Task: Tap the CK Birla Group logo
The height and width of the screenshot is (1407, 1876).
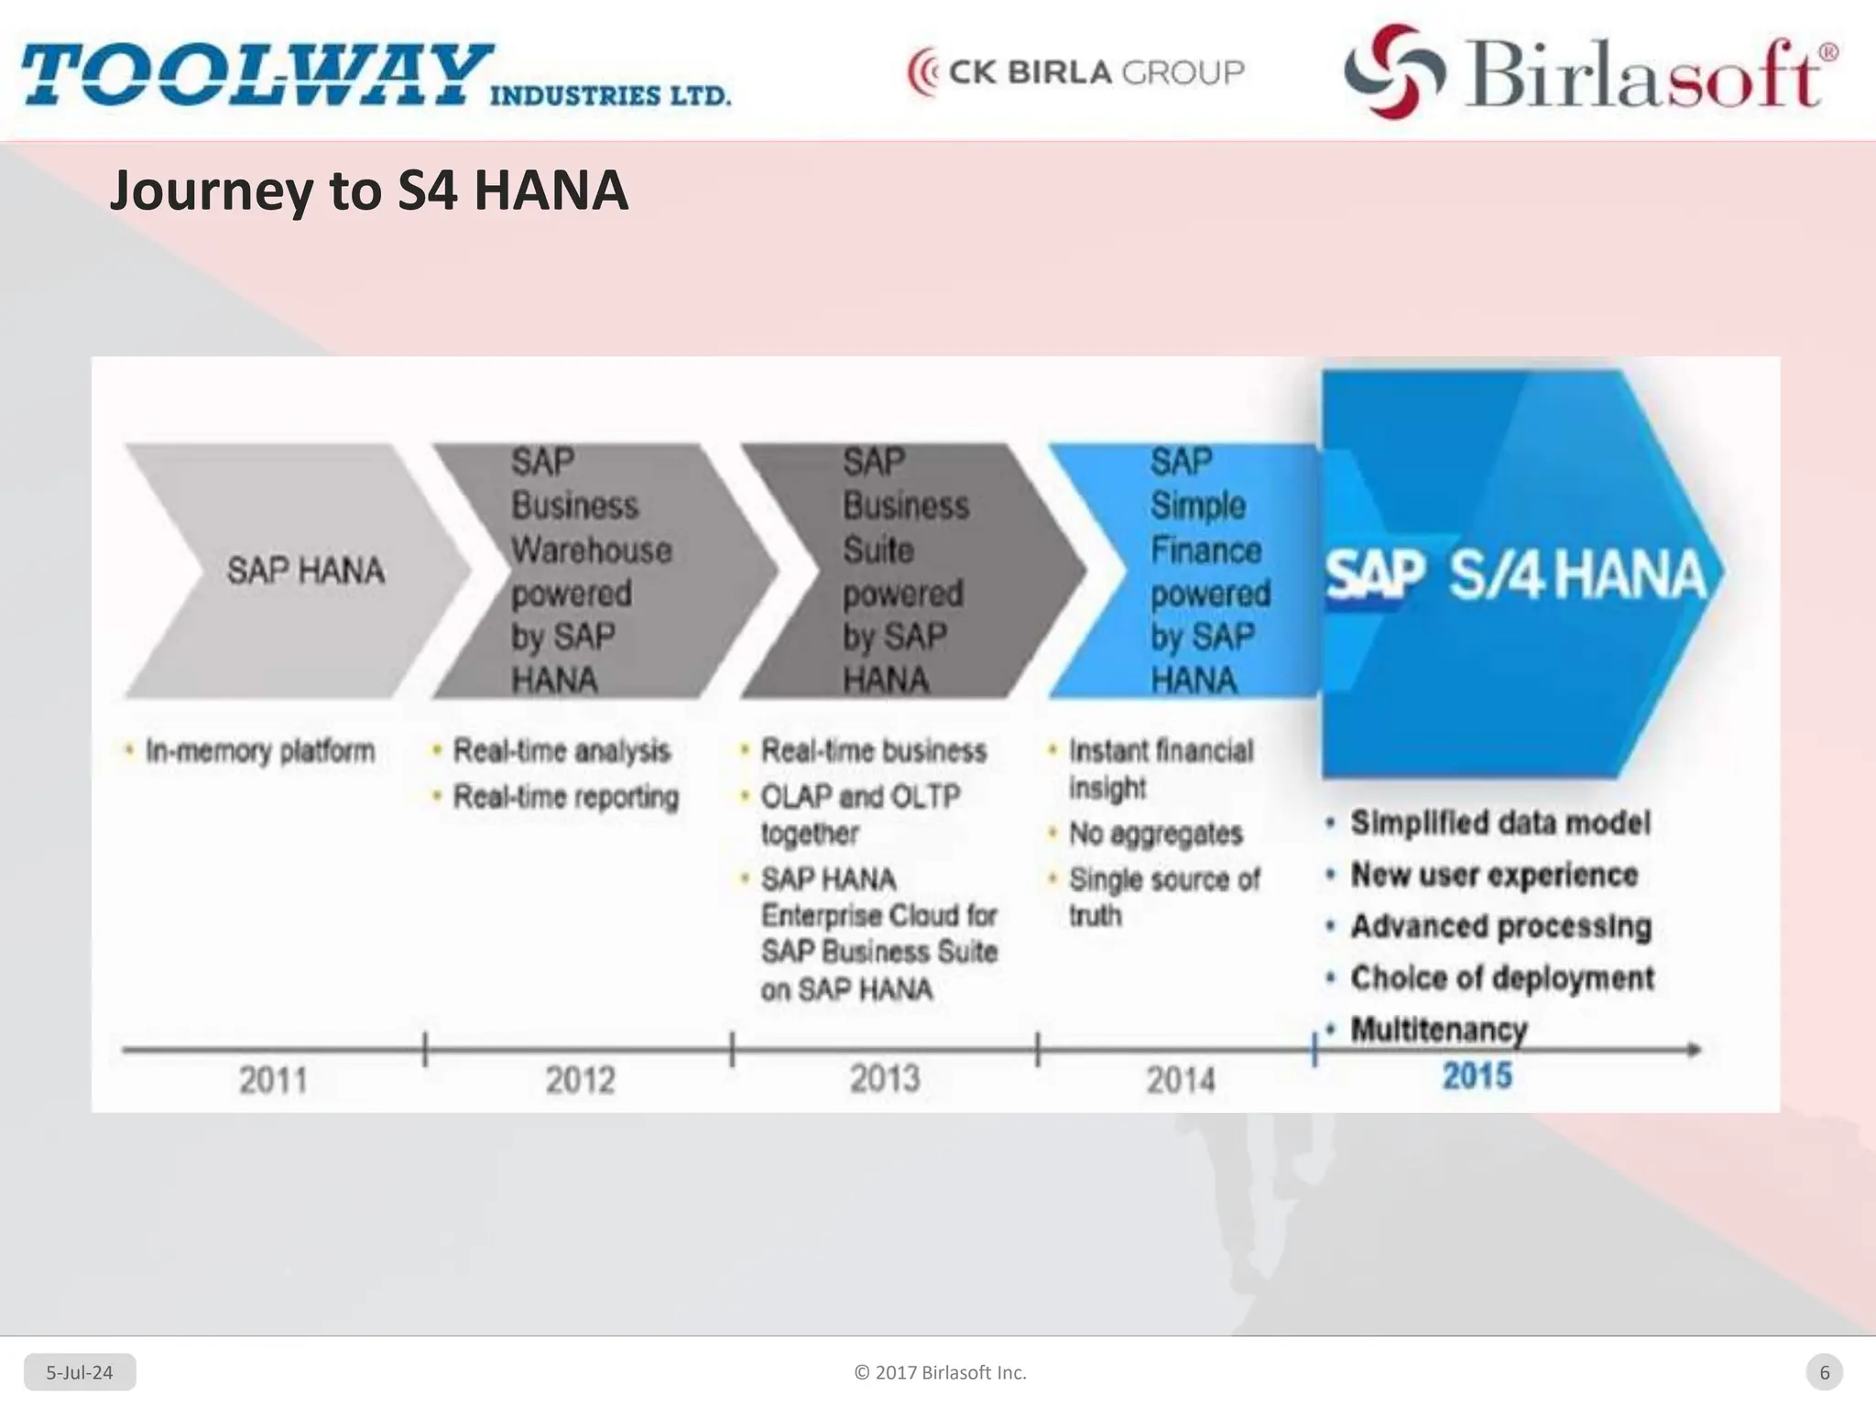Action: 1075,72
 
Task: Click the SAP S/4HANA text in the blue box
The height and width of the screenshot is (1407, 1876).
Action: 1516,575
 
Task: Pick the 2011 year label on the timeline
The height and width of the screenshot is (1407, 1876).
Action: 273,1080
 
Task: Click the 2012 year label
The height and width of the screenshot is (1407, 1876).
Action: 580,1080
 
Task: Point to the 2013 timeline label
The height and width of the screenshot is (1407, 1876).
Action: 885,1079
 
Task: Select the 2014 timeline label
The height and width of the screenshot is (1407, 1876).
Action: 1181,1080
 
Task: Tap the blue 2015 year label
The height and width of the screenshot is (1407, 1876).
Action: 1477,1075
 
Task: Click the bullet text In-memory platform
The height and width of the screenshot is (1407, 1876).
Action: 260,751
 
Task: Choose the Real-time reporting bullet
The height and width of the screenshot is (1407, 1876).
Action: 566,797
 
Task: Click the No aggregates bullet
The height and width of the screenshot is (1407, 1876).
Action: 1155,834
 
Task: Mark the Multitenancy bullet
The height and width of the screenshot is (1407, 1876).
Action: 1439,1030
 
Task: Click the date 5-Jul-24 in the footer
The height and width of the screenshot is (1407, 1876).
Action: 80,1372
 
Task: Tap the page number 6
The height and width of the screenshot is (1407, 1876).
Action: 1824,1372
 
